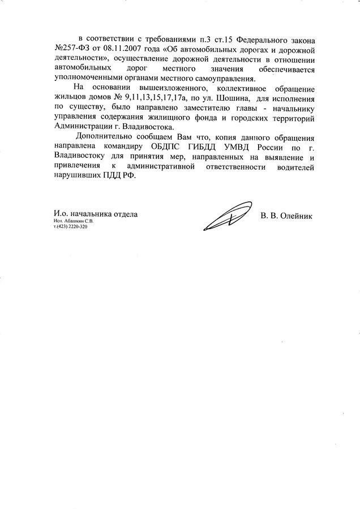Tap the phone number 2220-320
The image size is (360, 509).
[x=77, y=227]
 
